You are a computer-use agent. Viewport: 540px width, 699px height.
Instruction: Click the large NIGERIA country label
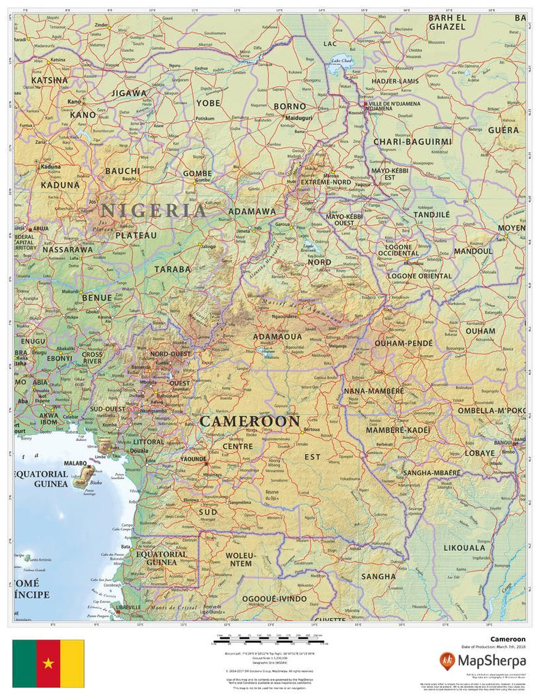pyautogui.click(x=153, y=210)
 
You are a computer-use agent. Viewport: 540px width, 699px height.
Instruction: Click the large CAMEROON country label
pyautogui.click(x=250, y=421)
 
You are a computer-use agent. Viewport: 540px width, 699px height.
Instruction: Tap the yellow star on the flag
pyautogui.click(x=48, y=663)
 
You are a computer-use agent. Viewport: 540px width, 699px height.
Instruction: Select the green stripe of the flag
pyautogui.click(x=25, y=663)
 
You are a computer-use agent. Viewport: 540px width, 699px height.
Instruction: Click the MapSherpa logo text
pyautogui.click(x=492, y=661)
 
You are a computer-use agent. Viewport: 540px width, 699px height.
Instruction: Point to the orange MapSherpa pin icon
pyautogui.click(x=447, y=661)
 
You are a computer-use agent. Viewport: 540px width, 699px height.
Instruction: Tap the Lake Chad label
pyautogui.click(x=342, y=61)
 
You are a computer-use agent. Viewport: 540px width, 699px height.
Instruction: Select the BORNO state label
pyautogui.click(x=289, y=106)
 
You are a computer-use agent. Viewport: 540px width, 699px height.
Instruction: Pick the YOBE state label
pyautogui.click(x=208, y=103)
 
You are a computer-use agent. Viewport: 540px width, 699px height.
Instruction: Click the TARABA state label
pyautogui.click(x=173, y=269)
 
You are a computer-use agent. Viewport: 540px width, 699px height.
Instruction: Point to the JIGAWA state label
pyautogui.click(x=129, y=93)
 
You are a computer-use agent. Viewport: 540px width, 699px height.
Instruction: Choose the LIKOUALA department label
pyautogui.click(x=464, y=547)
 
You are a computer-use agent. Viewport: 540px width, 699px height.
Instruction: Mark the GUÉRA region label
pyautogui.click(x=503, y=129)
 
